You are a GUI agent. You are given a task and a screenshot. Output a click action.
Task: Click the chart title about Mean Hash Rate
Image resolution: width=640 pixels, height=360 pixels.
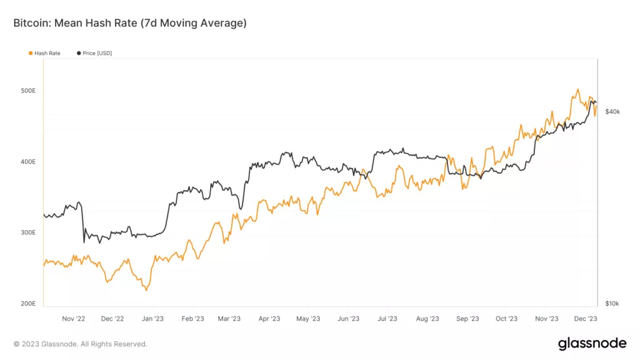[x=130, y=23]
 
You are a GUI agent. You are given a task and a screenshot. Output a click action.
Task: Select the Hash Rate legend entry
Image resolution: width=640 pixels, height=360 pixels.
[x=47, y=53]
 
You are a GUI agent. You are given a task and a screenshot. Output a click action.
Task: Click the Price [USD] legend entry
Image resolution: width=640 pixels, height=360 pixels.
[x=97, y=53]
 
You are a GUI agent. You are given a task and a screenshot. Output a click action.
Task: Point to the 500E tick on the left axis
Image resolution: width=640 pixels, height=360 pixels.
[x=29, y=91]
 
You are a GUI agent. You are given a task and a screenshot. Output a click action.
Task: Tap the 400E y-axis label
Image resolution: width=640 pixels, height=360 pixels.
[x=29, y=162]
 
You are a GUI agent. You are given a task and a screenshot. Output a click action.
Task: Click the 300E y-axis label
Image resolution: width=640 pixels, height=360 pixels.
[x=29, y=232]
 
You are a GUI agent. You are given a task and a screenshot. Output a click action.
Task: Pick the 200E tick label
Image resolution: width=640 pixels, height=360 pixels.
[x=29, y=304]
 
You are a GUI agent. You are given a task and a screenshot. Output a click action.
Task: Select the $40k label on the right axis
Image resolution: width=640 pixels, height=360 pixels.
[x=612, y=111]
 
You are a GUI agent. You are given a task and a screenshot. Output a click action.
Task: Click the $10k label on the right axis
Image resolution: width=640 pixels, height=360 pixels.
[x=612, y=304]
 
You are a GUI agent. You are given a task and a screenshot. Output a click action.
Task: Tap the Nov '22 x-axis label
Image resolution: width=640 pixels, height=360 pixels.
[x=73, y=319]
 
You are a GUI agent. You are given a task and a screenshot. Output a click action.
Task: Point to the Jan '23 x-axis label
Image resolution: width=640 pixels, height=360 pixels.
[x=152, y=319]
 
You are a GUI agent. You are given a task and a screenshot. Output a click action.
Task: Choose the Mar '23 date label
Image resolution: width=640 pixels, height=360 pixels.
[x=229, y=319]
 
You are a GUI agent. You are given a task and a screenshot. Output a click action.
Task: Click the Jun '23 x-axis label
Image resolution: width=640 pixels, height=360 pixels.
[x=348, y=319]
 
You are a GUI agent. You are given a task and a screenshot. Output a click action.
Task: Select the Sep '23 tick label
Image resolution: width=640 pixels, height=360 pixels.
[x=467, y=319]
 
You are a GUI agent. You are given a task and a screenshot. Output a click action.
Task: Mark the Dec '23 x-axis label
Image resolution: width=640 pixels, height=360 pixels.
[x=586, y=319]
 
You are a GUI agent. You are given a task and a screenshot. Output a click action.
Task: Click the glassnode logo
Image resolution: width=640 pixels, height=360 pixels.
[x=592, y=343]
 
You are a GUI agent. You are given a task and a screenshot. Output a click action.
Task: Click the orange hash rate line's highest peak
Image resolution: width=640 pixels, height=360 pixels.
[x=577, y=89]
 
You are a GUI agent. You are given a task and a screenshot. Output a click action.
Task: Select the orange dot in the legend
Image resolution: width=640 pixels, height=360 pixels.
[x=31, y=53]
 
